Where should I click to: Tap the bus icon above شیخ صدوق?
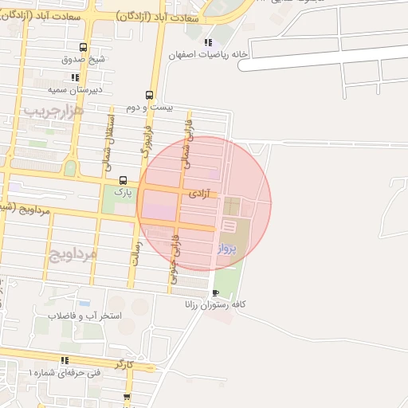click(x=83, y=46)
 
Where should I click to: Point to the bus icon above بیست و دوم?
click(x=150, y=95)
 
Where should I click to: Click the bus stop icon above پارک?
click(x=122, y=180)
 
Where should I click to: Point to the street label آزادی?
click(x=199, y=194)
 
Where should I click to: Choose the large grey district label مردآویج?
click(x=73, y=254)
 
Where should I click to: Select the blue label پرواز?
click(x=227, y=249)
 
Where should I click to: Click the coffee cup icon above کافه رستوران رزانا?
click(x=216, y=292)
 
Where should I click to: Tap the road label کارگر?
click(x=124, y=363)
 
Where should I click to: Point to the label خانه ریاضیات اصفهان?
click(x=203, y=55)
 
